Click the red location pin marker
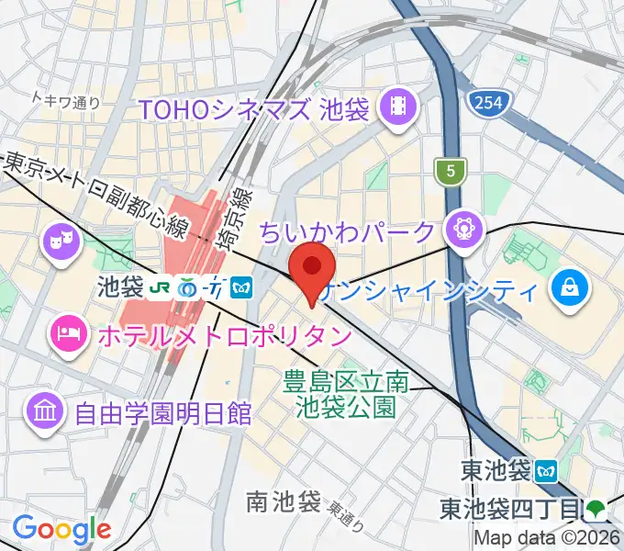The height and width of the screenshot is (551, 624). pyautogui.click(x=311, y=267)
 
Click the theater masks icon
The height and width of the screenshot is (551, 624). pyautogui.click(x=60, y=243)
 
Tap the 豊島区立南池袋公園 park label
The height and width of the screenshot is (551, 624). pyautogui.click(x=347, y=392)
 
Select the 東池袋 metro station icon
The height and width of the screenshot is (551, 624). pyautogui.click(x=547, y=471)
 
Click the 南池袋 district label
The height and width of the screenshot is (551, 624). pyautogui.click(x=283, y=501)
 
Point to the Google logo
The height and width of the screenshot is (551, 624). pyautogui.click(x=61, y=528)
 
